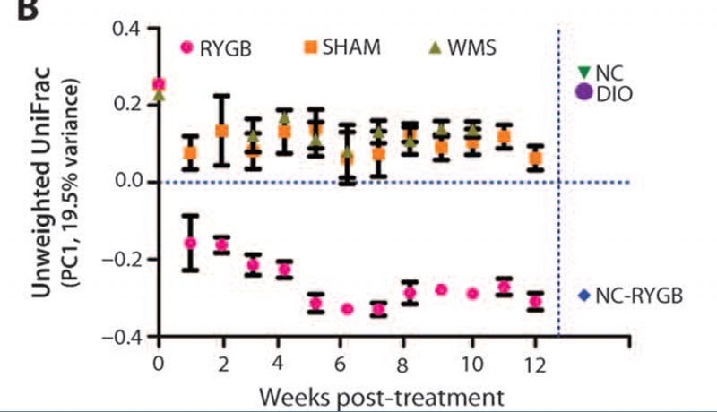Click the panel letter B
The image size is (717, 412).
click(15, 10)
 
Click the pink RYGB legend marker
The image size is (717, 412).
click(186, 48)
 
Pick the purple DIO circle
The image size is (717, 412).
click(583, 91)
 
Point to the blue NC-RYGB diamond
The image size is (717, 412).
click(583, 293)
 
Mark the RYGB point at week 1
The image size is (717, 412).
click(190, 243)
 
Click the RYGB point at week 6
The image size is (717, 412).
click(347, 309)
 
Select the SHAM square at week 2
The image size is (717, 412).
click(221, 131)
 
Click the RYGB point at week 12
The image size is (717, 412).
click(535, 302)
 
